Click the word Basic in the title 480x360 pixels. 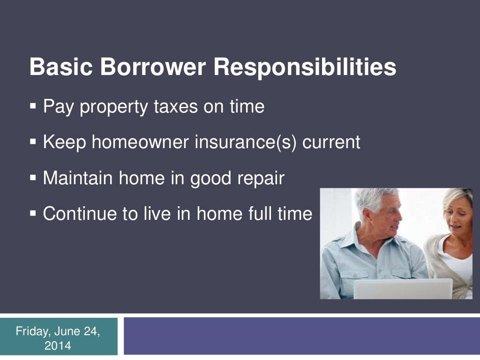(x=60, y=67)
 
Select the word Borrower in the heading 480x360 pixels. (x=153, y=67)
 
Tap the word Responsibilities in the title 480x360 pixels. (x=305, y=67)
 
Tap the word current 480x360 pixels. (x=331, y=142)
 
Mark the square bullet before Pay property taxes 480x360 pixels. (x=33, y=107)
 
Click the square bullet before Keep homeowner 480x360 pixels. (x=33, y=142)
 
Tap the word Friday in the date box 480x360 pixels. (x=33, y=332)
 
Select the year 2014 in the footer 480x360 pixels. (x=59, y=346)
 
